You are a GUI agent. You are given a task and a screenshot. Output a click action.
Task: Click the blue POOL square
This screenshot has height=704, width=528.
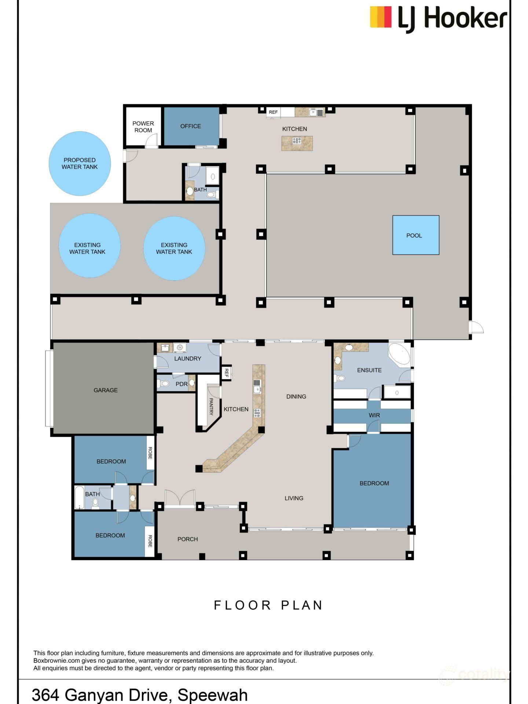416,235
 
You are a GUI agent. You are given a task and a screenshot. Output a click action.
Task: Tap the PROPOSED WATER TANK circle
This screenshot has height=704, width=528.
80,164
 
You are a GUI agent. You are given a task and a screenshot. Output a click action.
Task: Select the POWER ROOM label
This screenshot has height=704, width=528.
143,127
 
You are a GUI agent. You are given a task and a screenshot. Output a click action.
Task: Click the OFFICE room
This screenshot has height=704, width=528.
191,126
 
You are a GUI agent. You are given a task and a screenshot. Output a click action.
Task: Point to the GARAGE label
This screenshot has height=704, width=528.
106,390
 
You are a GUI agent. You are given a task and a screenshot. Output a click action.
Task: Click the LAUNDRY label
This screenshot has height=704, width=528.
188,359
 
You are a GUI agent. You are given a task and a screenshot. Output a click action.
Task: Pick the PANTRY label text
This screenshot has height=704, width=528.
211,407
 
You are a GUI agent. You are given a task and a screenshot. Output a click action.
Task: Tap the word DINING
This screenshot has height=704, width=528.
296,396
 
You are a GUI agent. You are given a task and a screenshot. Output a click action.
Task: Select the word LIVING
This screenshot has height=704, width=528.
294,498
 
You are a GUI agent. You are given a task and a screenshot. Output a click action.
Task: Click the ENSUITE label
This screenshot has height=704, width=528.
369,370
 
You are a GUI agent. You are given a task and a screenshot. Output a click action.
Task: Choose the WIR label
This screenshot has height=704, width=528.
374,415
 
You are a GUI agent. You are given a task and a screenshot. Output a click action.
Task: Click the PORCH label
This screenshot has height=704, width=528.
188,539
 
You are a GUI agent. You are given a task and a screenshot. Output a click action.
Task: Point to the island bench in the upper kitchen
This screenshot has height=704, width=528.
297,143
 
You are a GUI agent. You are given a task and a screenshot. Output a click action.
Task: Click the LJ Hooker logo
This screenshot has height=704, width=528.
439,18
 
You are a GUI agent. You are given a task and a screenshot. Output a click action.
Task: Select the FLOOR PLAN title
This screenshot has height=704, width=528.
268,605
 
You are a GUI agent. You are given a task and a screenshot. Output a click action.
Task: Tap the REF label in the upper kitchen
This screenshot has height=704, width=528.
273,112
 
